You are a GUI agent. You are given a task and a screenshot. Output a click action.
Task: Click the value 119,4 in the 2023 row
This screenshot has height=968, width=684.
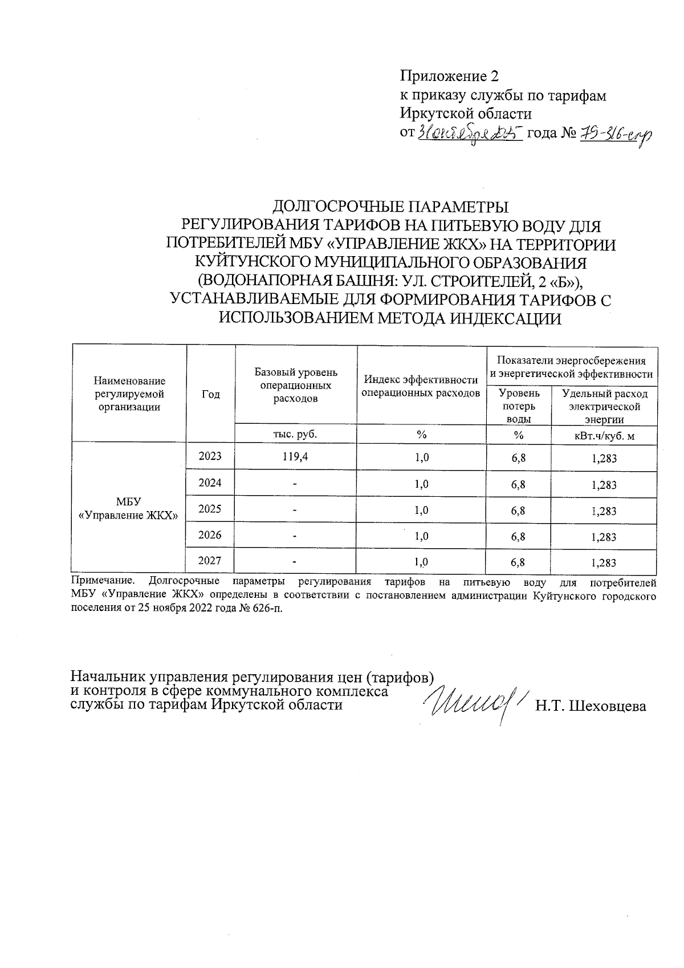pyautogui.click(x=295, y=457)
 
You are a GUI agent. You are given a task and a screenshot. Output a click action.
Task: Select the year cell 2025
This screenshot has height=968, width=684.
pyautogui.click(x=210, y=509)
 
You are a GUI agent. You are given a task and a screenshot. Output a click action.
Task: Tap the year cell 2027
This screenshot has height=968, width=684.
pyautogui.click(x=210, y=561)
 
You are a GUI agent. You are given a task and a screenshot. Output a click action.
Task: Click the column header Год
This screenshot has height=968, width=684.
pyautogui.click(x=210, y=394)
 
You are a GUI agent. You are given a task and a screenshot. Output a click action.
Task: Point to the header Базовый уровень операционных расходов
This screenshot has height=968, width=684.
pyautogui.click(x=295, y=386)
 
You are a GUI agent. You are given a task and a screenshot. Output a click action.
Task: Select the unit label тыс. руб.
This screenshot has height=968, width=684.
pyautogui.click(x=295, y=434)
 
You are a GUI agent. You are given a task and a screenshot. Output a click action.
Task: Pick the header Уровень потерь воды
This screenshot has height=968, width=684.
pyautogui.click(x=518, y=406)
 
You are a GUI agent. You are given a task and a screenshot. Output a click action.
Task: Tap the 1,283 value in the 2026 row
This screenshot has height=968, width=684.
pyautogui.click(x=604, y=537)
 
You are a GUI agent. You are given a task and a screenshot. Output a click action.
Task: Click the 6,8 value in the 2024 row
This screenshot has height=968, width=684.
pyautogui.click(x=518, y=485)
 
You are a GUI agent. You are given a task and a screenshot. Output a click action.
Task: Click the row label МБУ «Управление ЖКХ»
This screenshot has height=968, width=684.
pyautogui.click(x=128, y=508)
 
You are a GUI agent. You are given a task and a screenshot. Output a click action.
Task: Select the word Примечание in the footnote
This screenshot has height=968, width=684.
pyautogui.click(x=103, y=582)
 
